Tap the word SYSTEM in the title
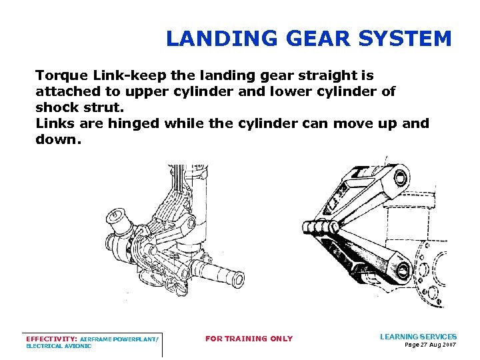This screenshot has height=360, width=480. (x=405, y=39)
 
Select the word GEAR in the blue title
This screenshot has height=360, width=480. (x=318, y=39)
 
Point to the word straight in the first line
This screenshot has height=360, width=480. (x=326, y=76)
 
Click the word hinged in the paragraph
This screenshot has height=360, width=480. (x=134, y=124)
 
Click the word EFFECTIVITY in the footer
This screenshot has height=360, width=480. (x=51, y=339)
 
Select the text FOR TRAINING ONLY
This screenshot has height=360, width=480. (x=249, y=339)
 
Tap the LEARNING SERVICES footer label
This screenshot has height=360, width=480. (x=418, y=337)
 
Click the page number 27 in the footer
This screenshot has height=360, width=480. (x=423, y=345)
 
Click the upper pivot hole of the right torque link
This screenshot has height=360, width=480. (x=400, y=177)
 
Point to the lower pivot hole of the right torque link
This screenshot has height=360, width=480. (x=403, y=270)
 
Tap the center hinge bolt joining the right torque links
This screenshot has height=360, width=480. (x=321, y=227)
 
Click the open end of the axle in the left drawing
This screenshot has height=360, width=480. (x=239, y=279)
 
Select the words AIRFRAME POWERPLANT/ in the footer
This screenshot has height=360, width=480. (x=119, y=339)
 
